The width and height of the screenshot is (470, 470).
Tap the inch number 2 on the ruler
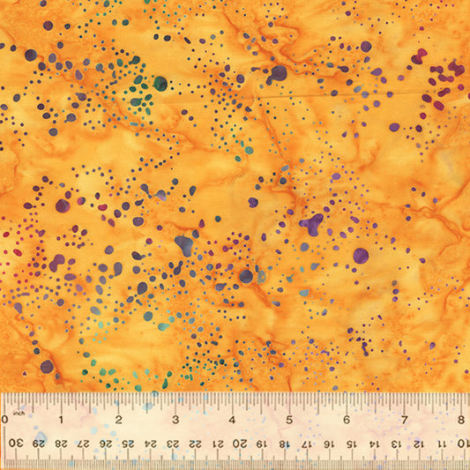tap(118, 420)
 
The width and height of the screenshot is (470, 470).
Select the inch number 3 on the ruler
tap(175, 420)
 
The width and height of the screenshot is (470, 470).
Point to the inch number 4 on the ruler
tap(233, 420)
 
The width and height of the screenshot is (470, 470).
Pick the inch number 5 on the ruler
tap(290, 420)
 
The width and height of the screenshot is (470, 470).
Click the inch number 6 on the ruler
tap(347, 420)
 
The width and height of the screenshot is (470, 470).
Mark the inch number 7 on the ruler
tap(405, 420)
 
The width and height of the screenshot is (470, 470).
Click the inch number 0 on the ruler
tap(5, 420)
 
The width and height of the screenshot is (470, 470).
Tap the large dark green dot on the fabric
tap(160, 84)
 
